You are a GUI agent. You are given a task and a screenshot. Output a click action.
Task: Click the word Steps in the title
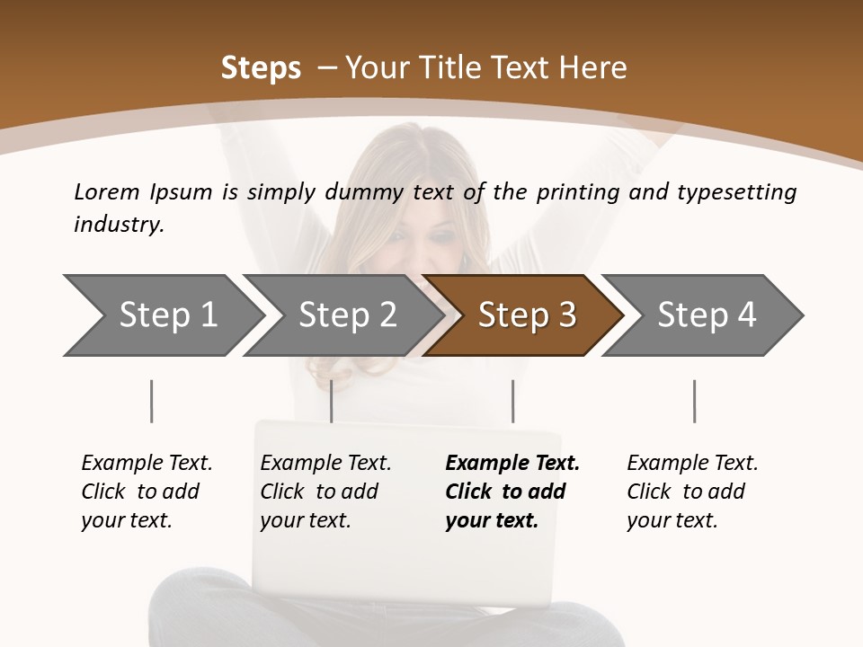(x=261, y=68)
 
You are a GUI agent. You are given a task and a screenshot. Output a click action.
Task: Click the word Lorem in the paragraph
(x=107, y=191)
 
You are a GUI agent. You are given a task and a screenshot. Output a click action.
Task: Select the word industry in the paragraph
(x=118, y=225)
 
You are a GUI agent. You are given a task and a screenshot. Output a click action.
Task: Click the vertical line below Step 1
(x=151, y=401)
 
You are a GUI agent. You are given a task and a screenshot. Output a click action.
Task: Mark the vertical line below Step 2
(x=332, y=401)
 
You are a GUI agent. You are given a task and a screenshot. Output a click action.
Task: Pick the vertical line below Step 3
(x=512, y=401)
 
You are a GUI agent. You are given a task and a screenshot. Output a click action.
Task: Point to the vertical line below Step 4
(x=694, y=401)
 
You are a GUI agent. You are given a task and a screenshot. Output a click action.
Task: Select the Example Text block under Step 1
(x=147, y=492)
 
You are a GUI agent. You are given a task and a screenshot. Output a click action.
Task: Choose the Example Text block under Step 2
(x=325, y=492)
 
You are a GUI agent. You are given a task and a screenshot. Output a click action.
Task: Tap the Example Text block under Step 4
(x=692, y=492)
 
